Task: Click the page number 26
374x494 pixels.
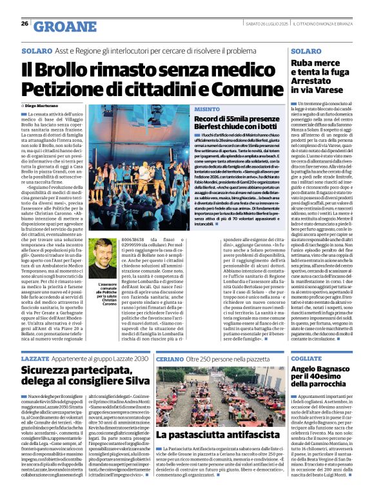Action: [x=25, y=24]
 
